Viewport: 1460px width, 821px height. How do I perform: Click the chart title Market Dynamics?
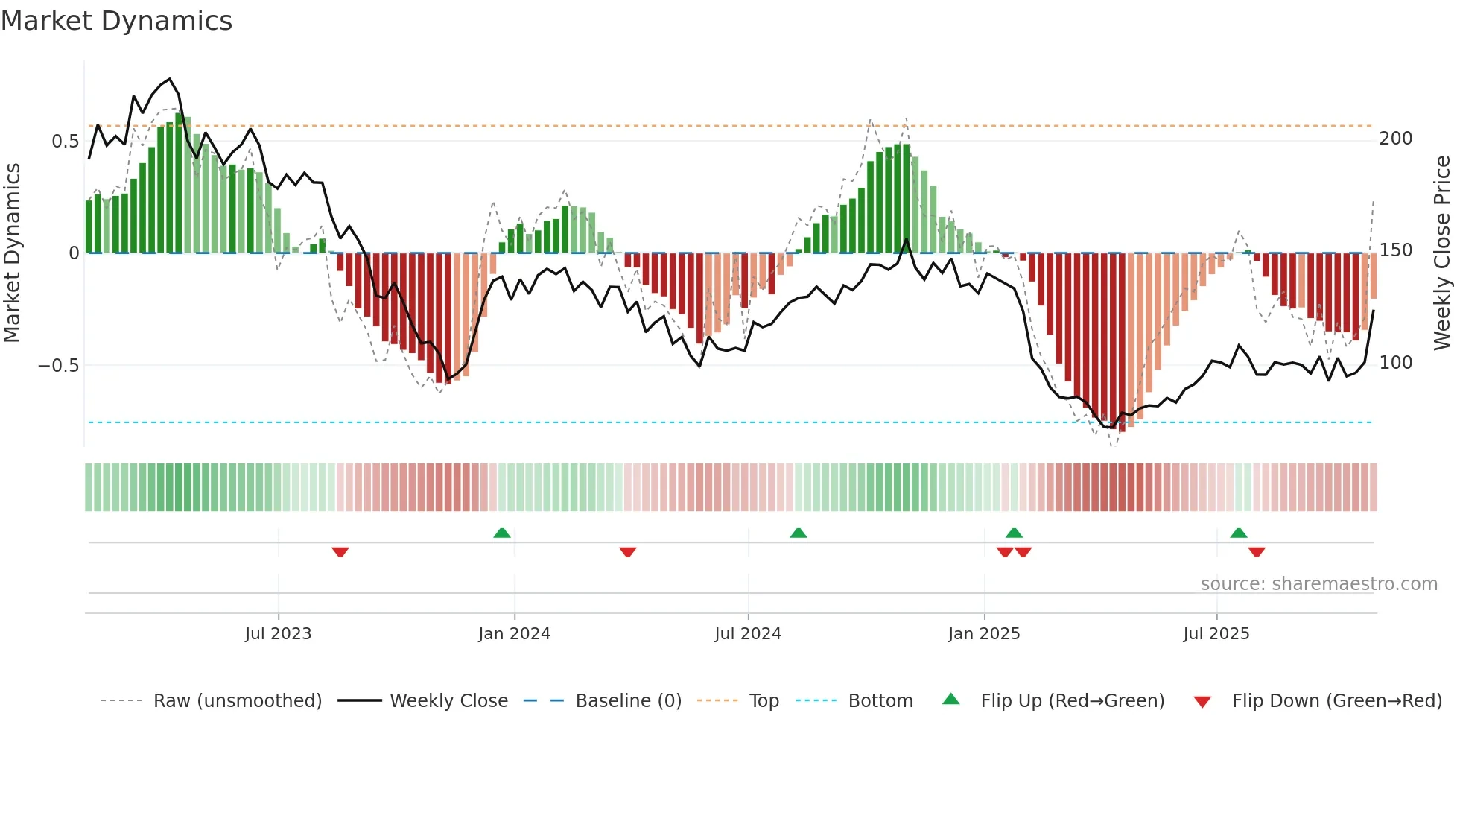(x=116, y=21)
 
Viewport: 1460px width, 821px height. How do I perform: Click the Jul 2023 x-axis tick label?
(x=278, y=634)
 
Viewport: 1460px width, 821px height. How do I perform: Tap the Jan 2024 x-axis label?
(x=514, y=634)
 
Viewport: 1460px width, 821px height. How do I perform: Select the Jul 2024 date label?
(x=748, y=634)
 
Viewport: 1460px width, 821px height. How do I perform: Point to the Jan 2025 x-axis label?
(x=984, y=634)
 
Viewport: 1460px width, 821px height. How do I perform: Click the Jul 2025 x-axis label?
(x=1216, y=634)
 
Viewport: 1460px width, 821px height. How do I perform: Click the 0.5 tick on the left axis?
(x=66, y=142)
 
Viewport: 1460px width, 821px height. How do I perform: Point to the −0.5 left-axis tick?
(x=59, y=366)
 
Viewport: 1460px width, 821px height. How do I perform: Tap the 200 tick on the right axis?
(x=1396, y=139)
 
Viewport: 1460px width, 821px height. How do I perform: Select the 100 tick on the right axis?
(x=1396, y=363)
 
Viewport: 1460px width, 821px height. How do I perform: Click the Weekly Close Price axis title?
(x=1442, y=253)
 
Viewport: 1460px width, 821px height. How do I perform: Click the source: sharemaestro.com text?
(x=1318, y=584)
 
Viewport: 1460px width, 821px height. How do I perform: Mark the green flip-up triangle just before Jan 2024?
(x=502, y=533)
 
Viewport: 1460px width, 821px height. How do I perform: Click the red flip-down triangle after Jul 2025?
(x=1257, y=552)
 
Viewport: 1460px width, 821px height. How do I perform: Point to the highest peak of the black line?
(x=170, y=79)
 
